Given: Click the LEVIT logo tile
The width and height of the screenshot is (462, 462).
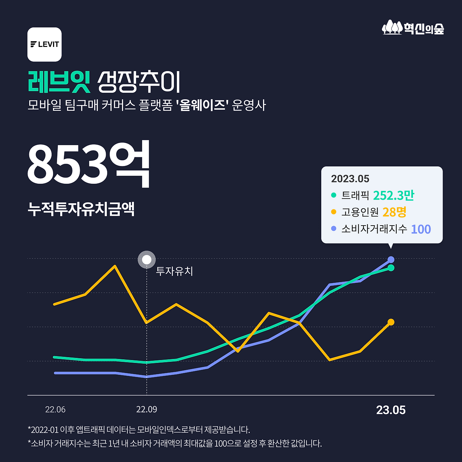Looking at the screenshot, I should tap(44, 44).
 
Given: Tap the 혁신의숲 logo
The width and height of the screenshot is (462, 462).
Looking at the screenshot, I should tap(413, 27).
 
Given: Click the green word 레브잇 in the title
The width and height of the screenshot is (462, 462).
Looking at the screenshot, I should tap(59, 82).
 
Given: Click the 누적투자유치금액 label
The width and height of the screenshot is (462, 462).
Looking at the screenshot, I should tap(81, 209).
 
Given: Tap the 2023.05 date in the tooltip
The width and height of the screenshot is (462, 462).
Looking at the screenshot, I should tap(350, 179).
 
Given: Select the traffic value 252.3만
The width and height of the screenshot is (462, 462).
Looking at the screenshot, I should tap(393, 195).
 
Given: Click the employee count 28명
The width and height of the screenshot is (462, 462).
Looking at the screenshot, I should tap(394, 212).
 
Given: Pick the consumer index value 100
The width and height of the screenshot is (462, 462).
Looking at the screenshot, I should tap(421, 229).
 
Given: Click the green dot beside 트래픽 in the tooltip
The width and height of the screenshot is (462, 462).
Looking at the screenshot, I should tap(334, 195).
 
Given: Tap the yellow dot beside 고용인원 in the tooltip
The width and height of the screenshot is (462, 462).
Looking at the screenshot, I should tap(334, 212).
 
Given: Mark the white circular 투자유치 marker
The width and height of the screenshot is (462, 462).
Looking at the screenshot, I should tap(147, 260).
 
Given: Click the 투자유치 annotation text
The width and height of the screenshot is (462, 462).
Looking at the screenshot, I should tap(174, 271).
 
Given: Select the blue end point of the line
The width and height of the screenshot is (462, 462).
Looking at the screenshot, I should tap(391, 260).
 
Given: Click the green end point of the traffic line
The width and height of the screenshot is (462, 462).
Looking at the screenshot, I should tap(391, 268).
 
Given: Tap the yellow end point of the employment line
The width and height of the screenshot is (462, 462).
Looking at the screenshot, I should tap(391, 322).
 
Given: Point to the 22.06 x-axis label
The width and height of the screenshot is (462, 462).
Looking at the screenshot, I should tap(55, 410).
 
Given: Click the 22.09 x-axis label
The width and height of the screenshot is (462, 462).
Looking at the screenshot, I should tap(147, 410).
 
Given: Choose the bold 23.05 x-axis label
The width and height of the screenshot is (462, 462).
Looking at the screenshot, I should tap(391, 410).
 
